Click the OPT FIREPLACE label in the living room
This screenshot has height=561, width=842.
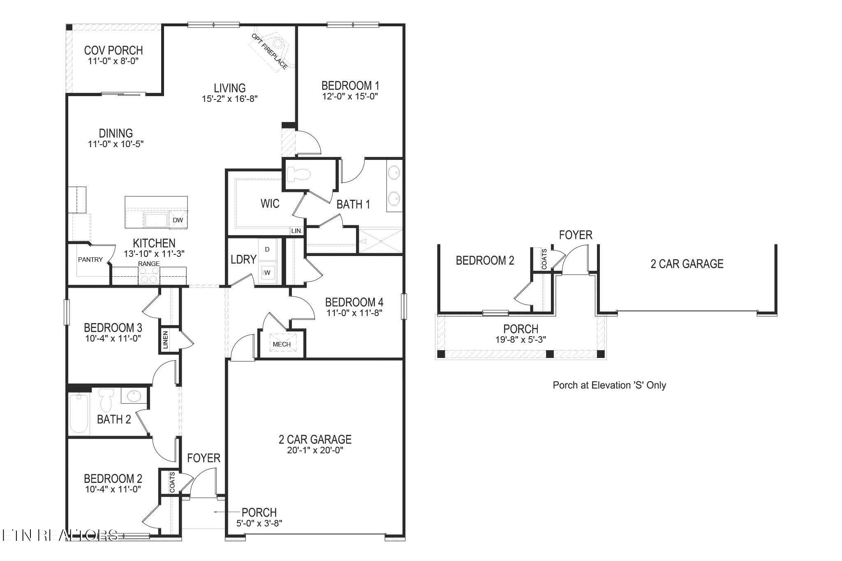[x=269, y=52]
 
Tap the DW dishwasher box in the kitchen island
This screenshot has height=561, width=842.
[x=178, y=220]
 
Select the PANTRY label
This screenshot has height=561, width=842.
[x=90, y=260]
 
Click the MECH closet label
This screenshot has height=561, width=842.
[x=282, y=344]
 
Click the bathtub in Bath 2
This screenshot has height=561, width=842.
[x=79, y=413]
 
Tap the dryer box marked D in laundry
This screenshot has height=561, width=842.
[x=267, y=249]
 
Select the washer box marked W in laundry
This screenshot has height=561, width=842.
[x=267, y=272]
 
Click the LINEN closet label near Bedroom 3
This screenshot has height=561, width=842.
[x=165, y=340]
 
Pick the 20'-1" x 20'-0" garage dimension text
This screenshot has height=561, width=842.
[x=315, y=450]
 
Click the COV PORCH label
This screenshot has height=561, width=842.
[x=113, y=51]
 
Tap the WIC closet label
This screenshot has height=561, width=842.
[x=270, y=203]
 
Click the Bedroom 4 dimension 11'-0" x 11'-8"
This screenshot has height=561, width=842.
[x=354, y=312]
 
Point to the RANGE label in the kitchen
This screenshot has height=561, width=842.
[x=149, y=263]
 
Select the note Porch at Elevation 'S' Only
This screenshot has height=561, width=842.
[x=609, y=386]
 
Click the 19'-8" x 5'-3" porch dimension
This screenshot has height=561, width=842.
[x=520, y=339]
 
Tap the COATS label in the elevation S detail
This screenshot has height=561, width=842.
[x=544, y=259]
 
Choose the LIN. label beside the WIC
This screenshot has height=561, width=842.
[x=296, y=231]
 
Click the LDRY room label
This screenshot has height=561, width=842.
[x=243, y=259]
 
